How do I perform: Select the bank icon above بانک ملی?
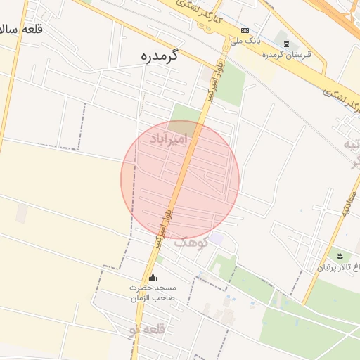(x=245, y=30)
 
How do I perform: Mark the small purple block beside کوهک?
(x=217, y=240)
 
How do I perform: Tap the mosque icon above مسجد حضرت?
(x=153, y=278)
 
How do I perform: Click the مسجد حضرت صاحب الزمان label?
(x=153, y=293)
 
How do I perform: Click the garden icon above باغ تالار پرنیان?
(x=341, y=254)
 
